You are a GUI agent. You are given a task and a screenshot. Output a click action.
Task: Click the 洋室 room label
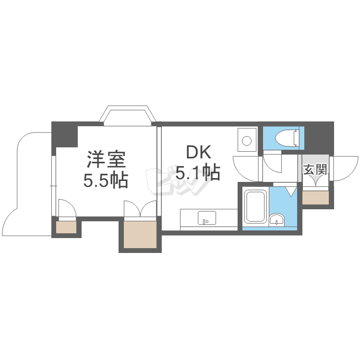click(106, 159)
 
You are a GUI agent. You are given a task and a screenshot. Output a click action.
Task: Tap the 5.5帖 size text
click(106, 180)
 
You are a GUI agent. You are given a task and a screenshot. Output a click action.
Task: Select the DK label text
click(199, 153)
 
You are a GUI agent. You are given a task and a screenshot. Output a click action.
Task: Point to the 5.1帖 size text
click(198, 173)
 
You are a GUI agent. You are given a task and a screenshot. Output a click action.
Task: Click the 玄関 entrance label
click(315, 169)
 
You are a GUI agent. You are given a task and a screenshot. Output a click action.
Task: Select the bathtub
click(255, 206)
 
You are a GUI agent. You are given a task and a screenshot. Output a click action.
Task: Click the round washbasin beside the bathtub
click(276, 219)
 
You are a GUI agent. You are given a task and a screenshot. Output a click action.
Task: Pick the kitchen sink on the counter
click(206, 218)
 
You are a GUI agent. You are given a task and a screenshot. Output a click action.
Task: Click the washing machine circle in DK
click(247, 140)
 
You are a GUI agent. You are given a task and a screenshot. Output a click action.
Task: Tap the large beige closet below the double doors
click(140, 234)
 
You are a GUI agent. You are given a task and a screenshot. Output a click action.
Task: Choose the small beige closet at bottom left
click(66, 227)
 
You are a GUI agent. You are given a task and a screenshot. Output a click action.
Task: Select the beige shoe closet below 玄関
click(315, 197)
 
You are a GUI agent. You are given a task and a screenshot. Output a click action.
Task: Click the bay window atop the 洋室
click(128, 116)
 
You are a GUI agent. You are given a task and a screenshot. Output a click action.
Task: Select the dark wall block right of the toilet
click(319, 138)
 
